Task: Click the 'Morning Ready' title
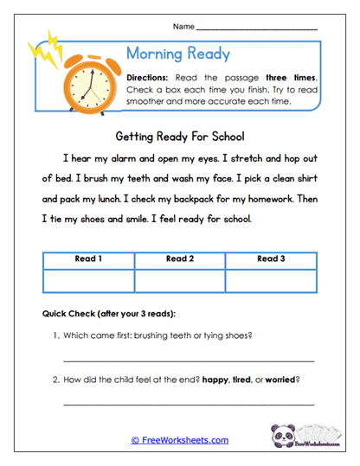pyautogui.click(x=177, y=54)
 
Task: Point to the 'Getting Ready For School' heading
pyautogui.click(x=180, y=137)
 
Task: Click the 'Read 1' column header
pyautogui.click(x=88, y=259)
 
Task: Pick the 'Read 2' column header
pyautogui.click(x=180, y=259)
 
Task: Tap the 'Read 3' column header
pyautogui.click(x=271, y=259)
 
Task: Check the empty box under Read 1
pyautogui.click(x=88, y=280)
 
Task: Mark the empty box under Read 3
pyautogui.click(x=271, y=280)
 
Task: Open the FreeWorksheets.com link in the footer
pyautogui.click(x=180, y=440)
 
